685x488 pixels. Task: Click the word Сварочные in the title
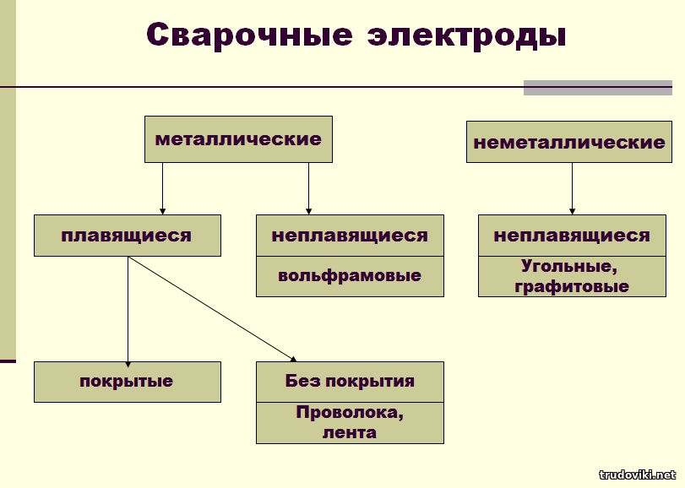pos(249,35)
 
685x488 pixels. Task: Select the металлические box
pos(238,139)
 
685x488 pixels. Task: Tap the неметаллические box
pos(569,142)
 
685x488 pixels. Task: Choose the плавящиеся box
pos(128,236)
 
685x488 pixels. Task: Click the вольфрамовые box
pos(350,276)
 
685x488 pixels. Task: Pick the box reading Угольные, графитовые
pos(573,276)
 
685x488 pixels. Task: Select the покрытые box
pos(128,382)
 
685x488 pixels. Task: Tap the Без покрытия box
pos(350,382)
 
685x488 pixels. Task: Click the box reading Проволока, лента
pos(350,423)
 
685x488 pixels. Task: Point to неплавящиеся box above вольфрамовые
pos(350,236)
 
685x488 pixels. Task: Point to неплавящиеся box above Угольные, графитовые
pos(573,236)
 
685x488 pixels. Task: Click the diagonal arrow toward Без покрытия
pos(212,309)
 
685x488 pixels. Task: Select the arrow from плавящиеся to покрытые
pos(128,312)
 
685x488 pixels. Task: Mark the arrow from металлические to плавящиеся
pos(162,188)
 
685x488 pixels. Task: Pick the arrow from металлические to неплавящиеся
pos(308,188)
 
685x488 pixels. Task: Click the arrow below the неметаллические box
pos(572,188)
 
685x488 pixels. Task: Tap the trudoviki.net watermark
pos(638,474)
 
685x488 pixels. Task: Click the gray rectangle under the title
pos(598,87)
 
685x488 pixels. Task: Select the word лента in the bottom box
pos(350,432)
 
